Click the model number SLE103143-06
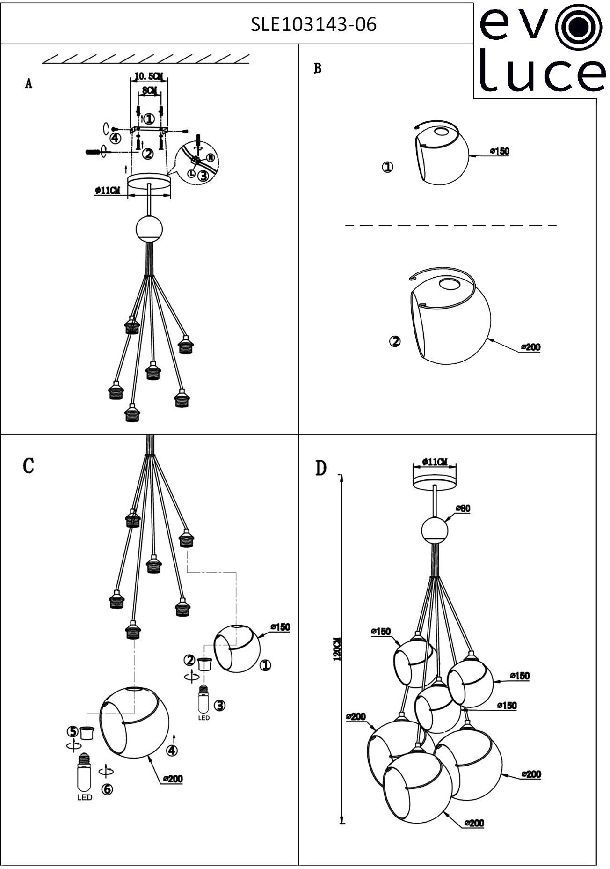pyautogui.click(x=313, y=24)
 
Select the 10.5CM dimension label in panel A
pyautogui.click(x=148, y=75)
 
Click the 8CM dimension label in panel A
pyautogui.click(x=149, y=90)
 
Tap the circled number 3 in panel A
pyautogui.click(x=203, y=176)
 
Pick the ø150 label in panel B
pyautogui.click(x=500, y=151)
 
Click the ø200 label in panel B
pyautogui.click(x=530, y=347)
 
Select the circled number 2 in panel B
pyautogui.click(x=395, y=341)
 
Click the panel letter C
pyautogui.click(x=28, y=466)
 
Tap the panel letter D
pyautogui.click(x=320, y=468)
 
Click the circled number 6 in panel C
pyautogui.click(x=108, y=789)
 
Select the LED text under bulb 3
pyautogui.click(x=203, y=717)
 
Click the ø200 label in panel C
pyautogui.click(x=173, y=779)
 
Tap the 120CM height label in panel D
pyautogui.click(x=337, y=649)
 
